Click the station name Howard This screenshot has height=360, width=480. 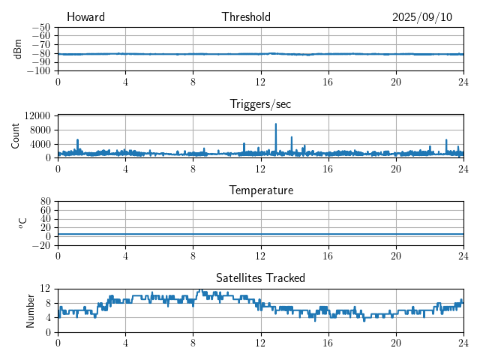coord(85,17)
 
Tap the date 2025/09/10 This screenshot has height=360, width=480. coord(422,17)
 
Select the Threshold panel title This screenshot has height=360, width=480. coord(246,17)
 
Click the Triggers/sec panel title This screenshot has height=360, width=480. coord(260,104)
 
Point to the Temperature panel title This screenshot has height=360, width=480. coord(261,190)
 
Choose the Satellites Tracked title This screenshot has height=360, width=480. coord(260,278)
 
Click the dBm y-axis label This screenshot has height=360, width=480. coord(19,48)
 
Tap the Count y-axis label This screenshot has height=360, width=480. coord(16,136)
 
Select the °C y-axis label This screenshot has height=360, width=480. coord(22,223)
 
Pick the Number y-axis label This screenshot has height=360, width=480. coord(31,310)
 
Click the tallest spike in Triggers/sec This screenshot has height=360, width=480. coord(276,124)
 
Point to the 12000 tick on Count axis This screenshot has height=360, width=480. coord(37,115)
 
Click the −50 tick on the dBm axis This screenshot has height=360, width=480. coord(40,27)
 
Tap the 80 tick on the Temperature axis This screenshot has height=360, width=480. coord(45,202)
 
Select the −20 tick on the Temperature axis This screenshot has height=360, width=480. coord(40,245)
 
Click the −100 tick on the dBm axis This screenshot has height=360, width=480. coord(38,70)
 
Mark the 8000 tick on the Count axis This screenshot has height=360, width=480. coord(40,130)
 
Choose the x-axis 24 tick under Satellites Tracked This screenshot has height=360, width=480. coord(463,341)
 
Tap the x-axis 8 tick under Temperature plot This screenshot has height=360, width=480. coord(193,255)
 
